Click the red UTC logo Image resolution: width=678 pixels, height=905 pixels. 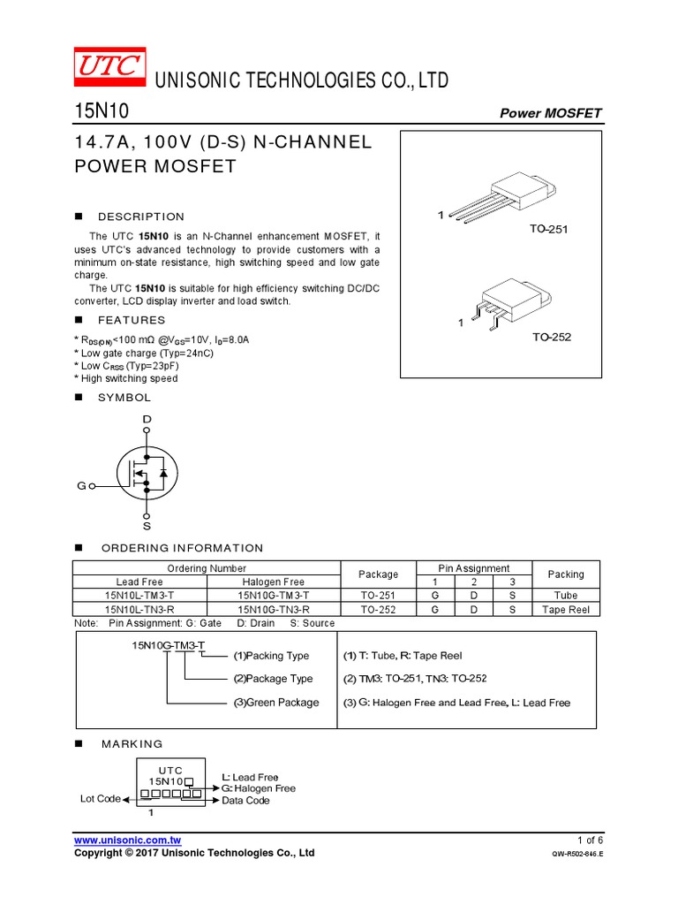107,69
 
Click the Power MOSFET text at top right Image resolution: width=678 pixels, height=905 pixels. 551,113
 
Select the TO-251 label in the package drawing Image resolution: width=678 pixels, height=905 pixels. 550,230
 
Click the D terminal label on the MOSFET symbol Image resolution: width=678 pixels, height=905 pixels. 147,418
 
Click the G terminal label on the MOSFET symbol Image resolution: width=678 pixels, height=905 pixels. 81,486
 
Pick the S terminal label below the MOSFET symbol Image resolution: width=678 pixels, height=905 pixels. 147,525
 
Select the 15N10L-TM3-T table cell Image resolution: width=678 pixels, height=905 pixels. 139,596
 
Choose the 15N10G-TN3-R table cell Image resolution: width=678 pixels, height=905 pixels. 274,610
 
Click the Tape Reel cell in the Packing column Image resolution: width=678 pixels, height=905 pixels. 566,610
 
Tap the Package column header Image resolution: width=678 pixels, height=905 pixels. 378,574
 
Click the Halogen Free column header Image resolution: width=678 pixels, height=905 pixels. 274,582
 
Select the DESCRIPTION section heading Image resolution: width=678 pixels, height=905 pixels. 141,217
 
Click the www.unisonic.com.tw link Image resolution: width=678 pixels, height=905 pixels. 128,840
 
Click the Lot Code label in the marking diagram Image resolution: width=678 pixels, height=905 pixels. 100,799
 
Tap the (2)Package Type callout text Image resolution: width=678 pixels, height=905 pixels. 273,679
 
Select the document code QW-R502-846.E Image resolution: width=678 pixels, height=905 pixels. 576,855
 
